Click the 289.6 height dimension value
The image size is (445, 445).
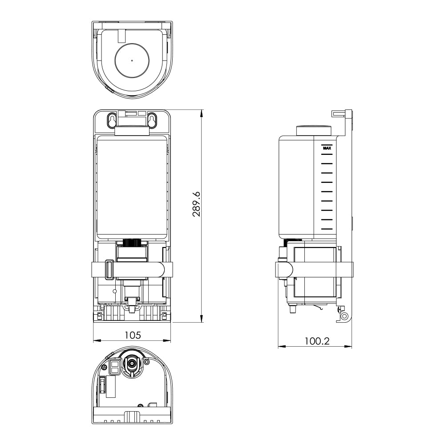click(x=196, y=204)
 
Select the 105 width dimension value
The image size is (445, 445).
click(x=133, y=335)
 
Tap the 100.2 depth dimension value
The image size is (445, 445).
click(x=317, y=341)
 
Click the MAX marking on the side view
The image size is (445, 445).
click(x=327, y=148)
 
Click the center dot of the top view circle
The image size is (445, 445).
click(x=132, y=61)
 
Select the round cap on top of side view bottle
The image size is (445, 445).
click(x=314, y=130)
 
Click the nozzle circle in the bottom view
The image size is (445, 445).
click(x=132, y=363)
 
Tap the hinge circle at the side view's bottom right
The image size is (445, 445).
click(x=344, y=316)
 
